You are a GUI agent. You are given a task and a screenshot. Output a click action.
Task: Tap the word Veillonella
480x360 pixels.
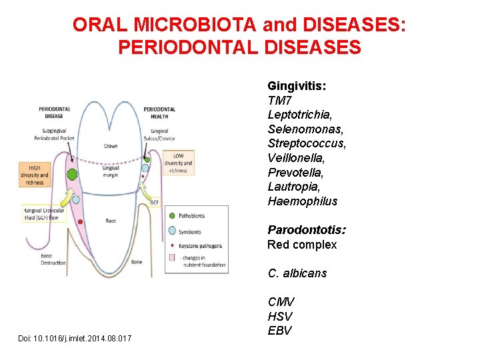[297, 158]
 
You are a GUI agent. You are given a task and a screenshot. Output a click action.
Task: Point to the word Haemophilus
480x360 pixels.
[303, 201]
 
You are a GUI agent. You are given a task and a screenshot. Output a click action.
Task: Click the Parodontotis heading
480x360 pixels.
[307, 230]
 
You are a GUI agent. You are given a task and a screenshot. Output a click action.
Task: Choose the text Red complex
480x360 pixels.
[302, 245]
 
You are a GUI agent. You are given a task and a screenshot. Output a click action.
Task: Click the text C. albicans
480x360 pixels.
[297, 273]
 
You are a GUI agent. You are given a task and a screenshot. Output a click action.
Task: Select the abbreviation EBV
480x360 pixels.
[280, 331]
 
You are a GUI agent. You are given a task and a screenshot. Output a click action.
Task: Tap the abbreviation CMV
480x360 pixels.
[281, 302]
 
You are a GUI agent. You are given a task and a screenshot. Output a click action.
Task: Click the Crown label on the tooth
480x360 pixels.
[111, 146]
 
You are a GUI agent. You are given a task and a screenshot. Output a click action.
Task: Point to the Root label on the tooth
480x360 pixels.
[111, 221]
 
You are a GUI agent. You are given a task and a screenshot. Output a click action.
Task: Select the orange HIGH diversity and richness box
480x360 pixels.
[35, 175]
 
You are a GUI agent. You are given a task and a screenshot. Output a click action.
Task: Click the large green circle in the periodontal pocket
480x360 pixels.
[72, 175]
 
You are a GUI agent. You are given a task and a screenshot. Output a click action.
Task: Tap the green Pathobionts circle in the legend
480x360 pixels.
[172, 216]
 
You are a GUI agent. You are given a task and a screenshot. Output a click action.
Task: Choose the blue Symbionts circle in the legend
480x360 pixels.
[172, 231]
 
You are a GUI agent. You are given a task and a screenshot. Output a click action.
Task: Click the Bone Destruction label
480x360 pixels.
[53, 259]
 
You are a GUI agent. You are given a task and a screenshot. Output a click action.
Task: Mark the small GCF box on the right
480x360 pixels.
[154, 202]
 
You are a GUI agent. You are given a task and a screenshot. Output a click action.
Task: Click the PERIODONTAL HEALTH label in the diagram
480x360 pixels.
[159, 113]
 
